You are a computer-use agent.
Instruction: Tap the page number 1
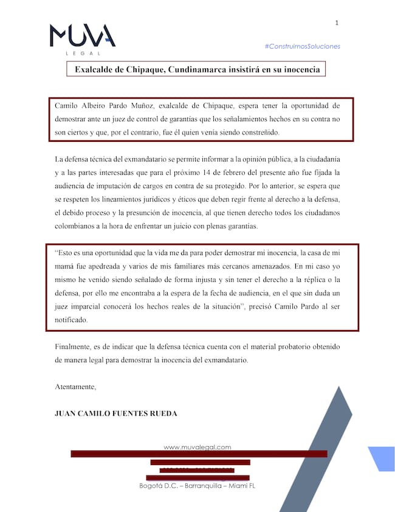tap(336, 23)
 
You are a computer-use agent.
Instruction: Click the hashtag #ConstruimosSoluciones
tap(302, 46)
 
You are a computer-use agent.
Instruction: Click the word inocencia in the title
tap(298, 69)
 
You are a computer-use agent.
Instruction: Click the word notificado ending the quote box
tap(71, 320)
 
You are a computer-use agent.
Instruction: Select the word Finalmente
tap(75, 346)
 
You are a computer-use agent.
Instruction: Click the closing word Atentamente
tap(75, 387)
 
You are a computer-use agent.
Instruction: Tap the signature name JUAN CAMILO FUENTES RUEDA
tap(116, 413)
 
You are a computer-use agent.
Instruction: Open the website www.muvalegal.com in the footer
tap(197, 447)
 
